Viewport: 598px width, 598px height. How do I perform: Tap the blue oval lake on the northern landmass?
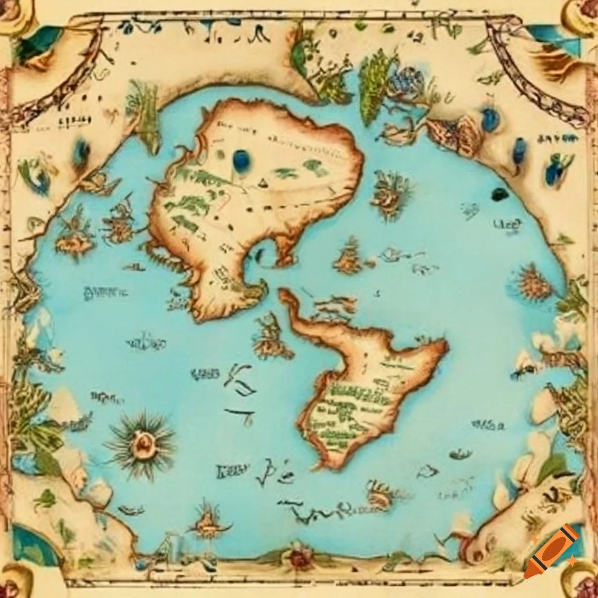pyautogui.click(x=241, y=160)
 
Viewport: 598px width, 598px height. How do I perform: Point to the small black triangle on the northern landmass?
pyautogui.click(x=260, y=184)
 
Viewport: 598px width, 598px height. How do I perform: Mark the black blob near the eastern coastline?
pyautogui.click(x=499, y=194)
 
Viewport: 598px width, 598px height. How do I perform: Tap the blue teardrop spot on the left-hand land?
pyautogui.click(x=81, y=153)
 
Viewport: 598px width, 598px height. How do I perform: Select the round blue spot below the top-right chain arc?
pyautogui.click(x=489, y=119)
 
